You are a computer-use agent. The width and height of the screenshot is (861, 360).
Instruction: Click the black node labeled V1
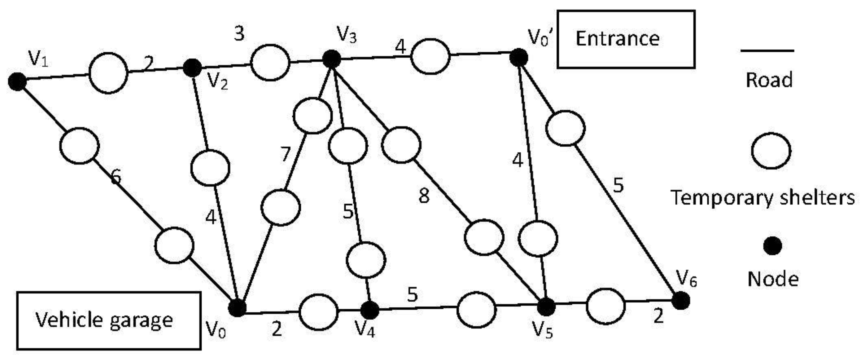[x=17, y=81]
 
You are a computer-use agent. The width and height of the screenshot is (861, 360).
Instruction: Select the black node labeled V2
[x=192, y=68]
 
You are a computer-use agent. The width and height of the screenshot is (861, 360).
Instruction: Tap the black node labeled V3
[x=331, y=59]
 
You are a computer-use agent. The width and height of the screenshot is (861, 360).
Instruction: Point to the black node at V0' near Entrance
[x=519, y=58]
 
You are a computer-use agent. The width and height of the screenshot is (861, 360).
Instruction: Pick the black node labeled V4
[x=370, y=310]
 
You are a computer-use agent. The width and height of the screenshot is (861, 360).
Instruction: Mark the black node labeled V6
[x=681, y=300]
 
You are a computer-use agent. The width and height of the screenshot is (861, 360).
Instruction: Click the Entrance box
[x=626, y=39]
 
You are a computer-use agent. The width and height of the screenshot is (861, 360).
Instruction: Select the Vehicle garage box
[x=109, y=321]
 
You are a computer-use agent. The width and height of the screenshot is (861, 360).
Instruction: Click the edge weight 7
[x=285, y=154]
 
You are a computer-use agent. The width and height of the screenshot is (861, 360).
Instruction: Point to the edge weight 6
[x=116, y=176]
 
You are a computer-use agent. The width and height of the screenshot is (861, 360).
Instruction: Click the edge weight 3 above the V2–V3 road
[x=239, y=34]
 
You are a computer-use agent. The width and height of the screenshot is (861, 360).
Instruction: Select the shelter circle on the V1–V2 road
[x=108, y=73]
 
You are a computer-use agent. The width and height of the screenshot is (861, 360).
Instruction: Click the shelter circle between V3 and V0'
[x=430, y=56]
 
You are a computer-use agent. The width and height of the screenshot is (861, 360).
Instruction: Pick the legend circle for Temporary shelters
[x=771, y=151]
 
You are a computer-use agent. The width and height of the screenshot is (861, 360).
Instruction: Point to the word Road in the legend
[x=769, y=80]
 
